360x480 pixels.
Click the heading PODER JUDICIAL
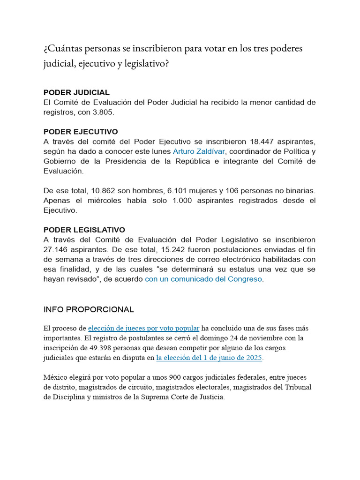tap(76, 92)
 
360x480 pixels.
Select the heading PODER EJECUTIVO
tap(81, 132)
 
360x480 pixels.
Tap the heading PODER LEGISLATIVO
tap(84, 230)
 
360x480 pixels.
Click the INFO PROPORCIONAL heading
tap(89, 309)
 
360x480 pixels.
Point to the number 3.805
tap(104, 112)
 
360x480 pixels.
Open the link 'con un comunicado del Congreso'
tap(204, 279)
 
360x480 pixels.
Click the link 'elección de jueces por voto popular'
tap(144, 328)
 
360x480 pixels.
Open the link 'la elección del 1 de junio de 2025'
tap(209, 358)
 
